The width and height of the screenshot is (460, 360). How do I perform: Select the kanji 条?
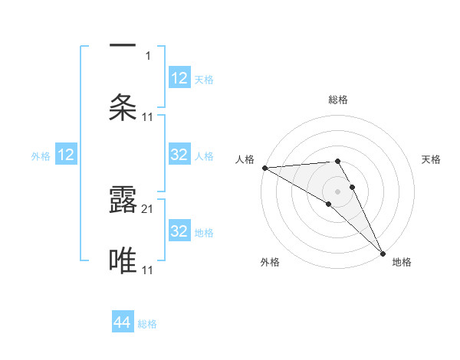pos(123,107)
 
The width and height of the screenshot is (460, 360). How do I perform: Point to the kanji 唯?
pos(123,260)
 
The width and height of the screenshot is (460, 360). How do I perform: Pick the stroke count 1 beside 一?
pos(148,56)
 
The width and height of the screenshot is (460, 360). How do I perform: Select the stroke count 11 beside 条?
pos(148,116)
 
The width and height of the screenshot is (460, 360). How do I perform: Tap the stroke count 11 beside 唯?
pos(148,270)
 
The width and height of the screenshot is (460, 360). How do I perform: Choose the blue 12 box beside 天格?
pos(179,78)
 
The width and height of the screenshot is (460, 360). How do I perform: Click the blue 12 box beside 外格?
pos(66,155)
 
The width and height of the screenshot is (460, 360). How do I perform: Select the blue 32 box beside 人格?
pos(179,155)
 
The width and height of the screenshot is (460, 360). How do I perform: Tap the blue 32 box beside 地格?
pos(179,231)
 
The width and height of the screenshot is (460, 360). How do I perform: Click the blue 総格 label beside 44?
pos(147,324)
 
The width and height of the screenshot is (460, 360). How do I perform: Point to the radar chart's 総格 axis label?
pos(338,100)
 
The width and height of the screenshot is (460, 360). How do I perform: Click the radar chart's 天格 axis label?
pos(432,159)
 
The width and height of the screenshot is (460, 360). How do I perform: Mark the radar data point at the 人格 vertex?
pos(264,168)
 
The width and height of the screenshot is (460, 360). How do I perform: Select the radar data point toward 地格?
pos(383,253)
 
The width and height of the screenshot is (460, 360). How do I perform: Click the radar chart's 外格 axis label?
pos(270,263)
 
